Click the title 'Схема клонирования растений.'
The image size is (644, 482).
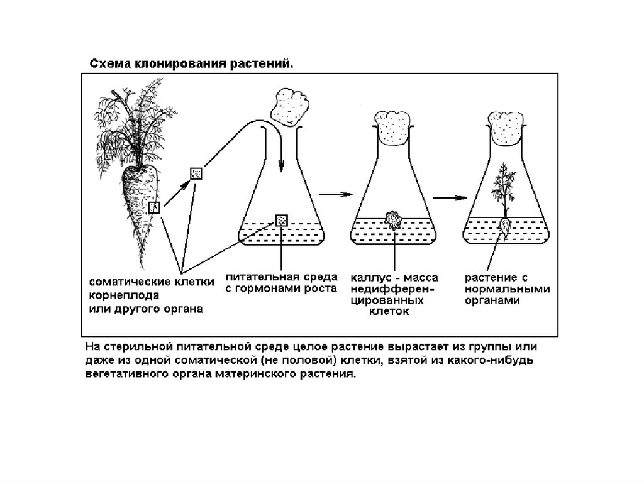191,63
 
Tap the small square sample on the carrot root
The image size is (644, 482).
154,207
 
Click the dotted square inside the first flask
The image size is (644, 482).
281,220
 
